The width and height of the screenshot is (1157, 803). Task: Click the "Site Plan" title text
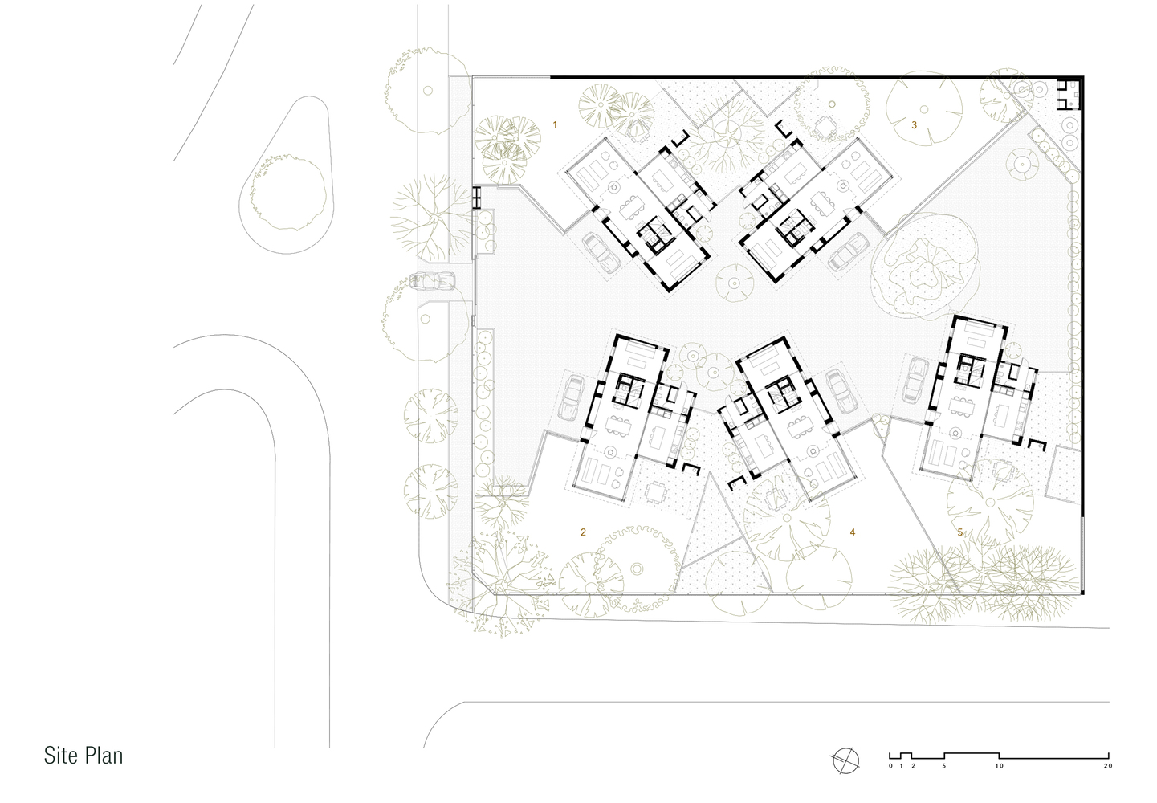(x=84, y=756)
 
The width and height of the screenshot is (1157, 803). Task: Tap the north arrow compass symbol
(x=845, y=760)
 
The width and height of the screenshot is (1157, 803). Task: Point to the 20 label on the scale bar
(x=1108, y=766)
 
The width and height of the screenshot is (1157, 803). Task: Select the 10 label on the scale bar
(x=1000, y=766)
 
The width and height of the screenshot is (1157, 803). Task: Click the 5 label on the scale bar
(x=944, y=766)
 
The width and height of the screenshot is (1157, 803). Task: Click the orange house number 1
(x=556, y=124)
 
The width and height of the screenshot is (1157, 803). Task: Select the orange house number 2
(x=583, y=532)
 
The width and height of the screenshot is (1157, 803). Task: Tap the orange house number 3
(x=915, y=124)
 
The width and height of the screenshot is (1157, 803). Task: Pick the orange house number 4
(x=853, y=532)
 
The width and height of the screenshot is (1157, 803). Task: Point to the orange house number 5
(x=960, y=532)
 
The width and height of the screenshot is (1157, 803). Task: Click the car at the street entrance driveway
(x=432, y=281)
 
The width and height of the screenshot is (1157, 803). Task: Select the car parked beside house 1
(x=601, y=252)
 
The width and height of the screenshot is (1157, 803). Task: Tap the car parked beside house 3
(x=849, y=251)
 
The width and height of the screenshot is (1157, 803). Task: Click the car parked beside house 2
(x=572, y=397)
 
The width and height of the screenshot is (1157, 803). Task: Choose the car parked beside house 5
(x=916, y=379)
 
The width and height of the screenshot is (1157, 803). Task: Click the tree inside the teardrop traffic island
(x=287, y=192)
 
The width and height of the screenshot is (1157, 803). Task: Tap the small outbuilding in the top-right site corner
(x=1068, y=94)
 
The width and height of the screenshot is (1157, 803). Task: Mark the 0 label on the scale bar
(x=890, y=766)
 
